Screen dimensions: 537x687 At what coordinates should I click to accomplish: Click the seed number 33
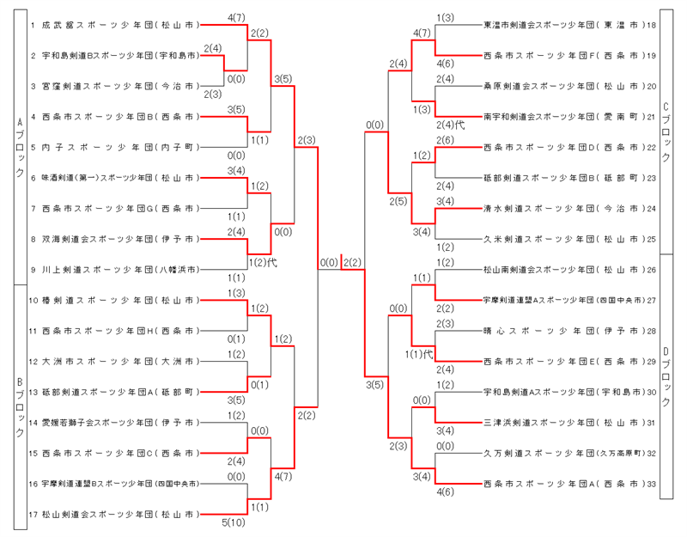[652, 485]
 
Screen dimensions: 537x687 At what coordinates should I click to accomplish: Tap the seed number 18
[652, 25]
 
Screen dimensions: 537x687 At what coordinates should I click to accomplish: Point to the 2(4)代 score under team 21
[450, 125]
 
